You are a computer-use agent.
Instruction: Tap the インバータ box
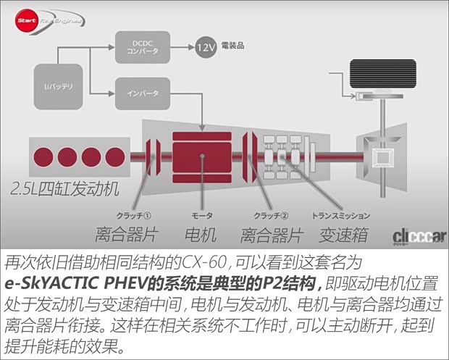tap(143, 93)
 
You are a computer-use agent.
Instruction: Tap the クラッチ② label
tap(270, 216)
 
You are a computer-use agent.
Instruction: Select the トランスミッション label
tap(341, 216)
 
